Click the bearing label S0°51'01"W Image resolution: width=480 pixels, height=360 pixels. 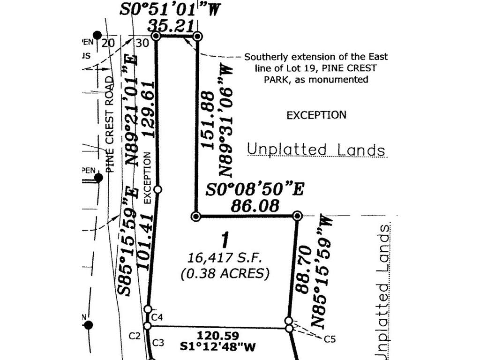pyautogui.click(x=169, y=10)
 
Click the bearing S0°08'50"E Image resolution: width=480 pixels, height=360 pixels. pyautogui.click(x=255, y=190)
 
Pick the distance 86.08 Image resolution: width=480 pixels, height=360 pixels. pyautogui.click(x=255, y=206)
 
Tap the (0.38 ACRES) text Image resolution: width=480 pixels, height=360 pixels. pyautogui.click(x=225, y=273)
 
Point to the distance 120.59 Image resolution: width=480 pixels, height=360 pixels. pyautogui.click(x=218, y=336)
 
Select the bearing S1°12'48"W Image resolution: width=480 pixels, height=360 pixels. pyautogui.click(x=218, y=347)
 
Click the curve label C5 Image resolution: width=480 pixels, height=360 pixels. pyautogui.click(x=329, y=339)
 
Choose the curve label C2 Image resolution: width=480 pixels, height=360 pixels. pyautogui.click(x=135, y=336)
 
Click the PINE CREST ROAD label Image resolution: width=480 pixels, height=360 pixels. pyautogui.click(x=110, y=124)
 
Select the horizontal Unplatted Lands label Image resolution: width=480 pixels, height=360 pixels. pyautogui.click(x=316, y=150)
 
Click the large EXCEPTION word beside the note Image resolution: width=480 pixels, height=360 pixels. pyautogui.click(x=316, y=115)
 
